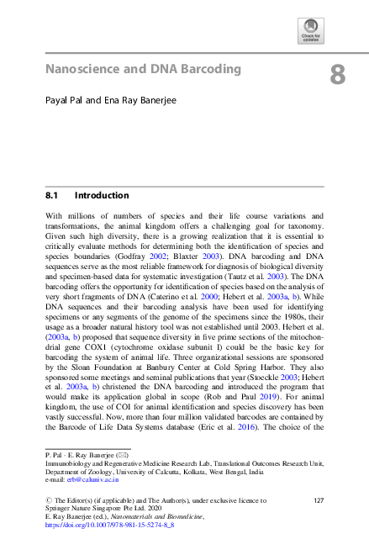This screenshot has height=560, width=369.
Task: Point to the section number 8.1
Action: pyautogui.click(x=55, y=195)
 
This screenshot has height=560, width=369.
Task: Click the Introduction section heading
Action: pyautogui.click(x=102, y=195)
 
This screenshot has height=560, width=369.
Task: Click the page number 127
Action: pyautogui.click(x=319, y=500)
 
